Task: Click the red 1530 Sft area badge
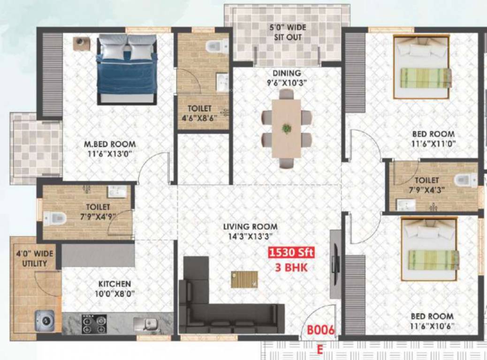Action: pos(291,253)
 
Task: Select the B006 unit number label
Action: pos(321,330)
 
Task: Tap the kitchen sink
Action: pos(145,323)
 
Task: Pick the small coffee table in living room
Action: pos(244,279)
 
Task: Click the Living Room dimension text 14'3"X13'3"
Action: pos(250,237)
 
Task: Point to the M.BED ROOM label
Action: pos(107,144)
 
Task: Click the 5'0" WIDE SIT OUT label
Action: pos(288,32)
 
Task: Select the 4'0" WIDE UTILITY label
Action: pos(35,258)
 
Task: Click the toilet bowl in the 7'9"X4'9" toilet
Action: pos(55,217)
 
